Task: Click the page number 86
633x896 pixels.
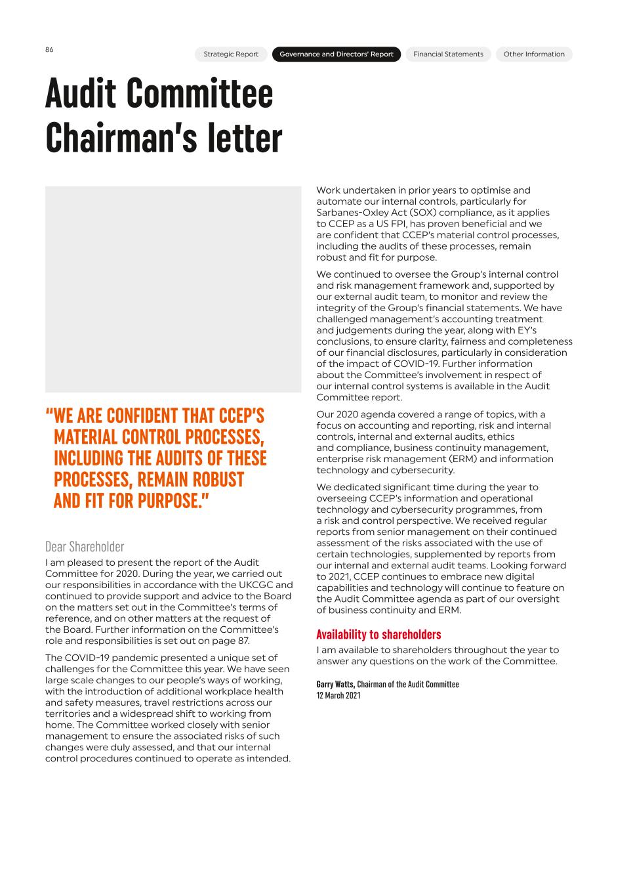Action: point(49,50)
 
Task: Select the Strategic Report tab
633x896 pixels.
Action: point(231,54)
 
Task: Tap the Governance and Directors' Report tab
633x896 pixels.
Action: point(337,54)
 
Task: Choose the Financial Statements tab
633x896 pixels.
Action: point(448,54)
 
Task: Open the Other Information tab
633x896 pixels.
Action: point(534,54)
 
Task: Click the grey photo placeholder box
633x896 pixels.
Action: point(173,289)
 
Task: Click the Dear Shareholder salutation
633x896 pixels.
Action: point(85,547)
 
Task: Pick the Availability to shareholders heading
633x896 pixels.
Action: point(378,635)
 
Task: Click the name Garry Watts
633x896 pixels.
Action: point(335,684)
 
